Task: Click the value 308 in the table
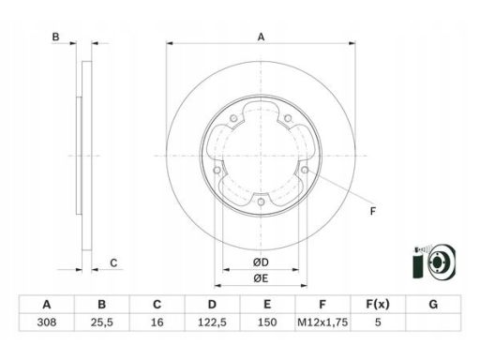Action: coord(47,322)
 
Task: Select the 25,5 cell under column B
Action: coord(102,322)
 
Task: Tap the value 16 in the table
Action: coord(157,322)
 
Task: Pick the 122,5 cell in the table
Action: coord(212,322)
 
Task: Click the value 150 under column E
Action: coord(267,322)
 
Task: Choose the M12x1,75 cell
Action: coord(322,322)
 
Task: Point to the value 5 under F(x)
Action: coord(378,322)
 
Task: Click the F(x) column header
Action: coord(378,304)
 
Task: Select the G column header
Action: coord(433,304)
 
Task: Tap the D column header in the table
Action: coord(212,304)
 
